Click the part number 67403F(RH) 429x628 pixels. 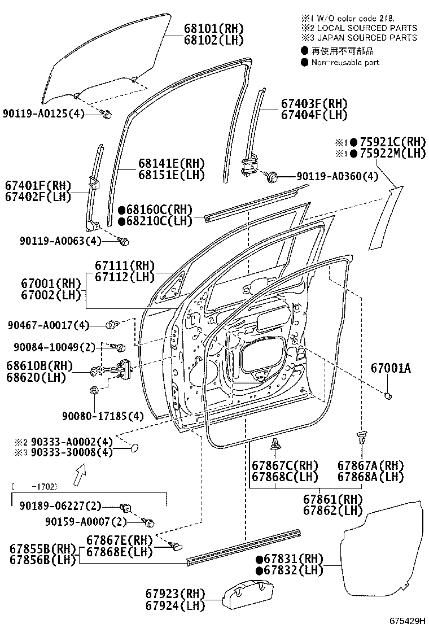[314, 104]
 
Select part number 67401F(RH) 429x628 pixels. [38, 185]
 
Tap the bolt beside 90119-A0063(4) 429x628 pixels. [125, 242]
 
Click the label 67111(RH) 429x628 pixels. [125, 265]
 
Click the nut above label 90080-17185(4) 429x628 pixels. [94, 389]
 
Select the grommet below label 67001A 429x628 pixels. [388, 395]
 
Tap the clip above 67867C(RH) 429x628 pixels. [276, 444]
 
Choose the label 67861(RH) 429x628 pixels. [333, 499]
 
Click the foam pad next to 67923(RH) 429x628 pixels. [241, 596]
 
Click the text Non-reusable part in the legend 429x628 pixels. [345, 63]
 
